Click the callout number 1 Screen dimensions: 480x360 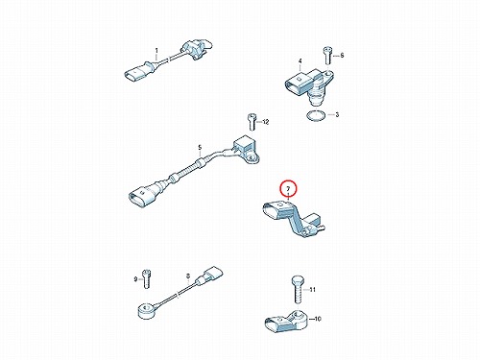click(x=156, y=51)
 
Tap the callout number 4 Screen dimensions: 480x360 click(x=300, y=60)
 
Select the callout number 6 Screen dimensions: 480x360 click(x=342, y=56)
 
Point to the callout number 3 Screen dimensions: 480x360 click(x=337, y=114)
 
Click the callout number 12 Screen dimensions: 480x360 click(x=266, y=122)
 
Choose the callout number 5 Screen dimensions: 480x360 click(x=200, y=148)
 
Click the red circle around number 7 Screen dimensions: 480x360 click(x=288, y=189)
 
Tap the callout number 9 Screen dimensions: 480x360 click(x=135, y=279)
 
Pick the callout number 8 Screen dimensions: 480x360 click(x=188, y=276)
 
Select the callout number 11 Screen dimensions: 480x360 click(x=313, y=290)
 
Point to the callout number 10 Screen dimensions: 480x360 click(x=318, y=319)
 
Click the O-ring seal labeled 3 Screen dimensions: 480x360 click(x=316, y=115)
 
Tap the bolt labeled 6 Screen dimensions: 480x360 click(x=327, y=56)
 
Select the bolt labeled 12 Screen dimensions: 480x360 click(x=252, y=122)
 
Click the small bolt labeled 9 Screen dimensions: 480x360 click(x=147, y=278)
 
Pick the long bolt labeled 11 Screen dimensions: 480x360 click(x=298, y=290)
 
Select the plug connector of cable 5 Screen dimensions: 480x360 click(x=142, y=196)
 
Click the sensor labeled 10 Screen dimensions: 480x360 click(x=286, y=322)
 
